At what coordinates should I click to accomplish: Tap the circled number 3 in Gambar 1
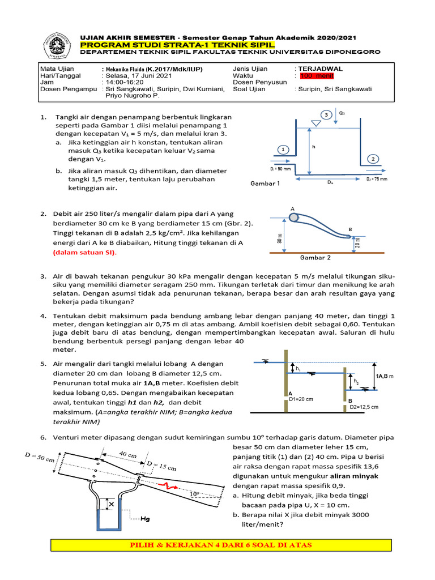[x=326, y=115]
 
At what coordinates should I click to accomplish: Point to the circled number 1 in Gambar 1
[x=282, y=149]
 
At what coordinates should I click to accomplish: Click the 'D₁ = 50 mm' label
[x=281, y=169]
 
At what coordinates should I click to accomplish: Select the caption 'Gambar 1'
[x=266, y=184]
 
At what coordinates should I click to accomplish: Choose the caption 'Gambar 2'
[x=315, y=257]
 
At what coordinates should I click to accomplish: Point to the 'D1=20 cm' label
[x=301, y=399]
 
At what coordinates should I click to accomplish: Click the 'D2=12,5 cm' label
[x=364, y=407]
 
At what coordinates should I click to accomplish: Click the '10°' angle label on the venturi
[x=194, y=494]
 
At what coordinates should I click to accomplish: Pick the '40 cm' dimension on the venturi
[x=128, y=454]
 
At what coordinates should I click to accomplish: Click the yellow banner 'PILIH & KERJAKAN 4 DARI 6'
[x=217, y=545]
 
